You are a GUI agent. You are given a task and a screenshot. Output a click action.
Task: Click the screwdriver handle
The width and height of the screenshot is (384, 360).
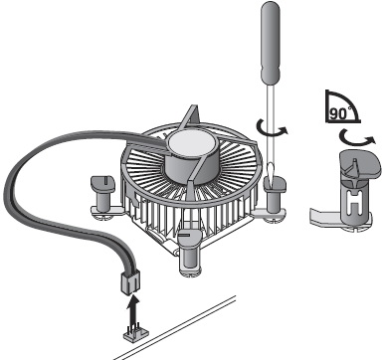271,43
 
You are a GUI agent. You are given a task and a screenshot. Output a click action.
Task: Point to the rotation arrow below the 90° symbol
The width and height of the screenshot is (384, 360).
357,139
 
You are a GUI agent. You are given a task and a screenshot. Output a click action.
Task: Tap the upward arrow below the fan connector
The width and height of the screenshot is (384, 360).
133,311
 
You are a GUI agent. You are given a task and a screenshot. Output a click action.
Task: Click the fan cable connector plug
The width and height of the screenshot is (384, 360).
130,281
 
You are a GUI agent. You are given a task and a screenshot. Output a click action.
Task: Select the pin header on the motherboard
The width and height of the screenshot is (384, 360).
136,334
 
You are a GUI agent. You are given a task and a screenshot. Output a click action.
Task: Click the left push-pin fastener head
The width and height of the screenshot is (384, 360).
102,183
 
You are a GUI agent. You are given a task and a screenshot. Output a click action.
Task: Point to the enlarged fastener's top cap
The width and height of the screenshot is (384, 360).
360,162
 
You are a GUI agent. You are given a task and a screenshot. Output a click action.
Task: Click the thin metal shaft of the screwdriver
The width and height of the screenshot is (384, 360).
271,124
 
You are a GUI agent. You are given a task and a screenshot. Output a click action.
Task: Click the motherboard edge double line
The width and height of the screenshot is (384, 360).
175,326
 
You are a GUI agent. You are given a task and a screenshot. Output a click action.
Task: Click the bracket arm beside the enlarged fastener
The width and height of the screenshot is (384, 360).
325,216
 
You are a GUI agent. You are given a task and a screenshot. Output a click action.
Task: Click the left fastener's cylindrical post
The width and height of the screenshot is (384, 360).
102,201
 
